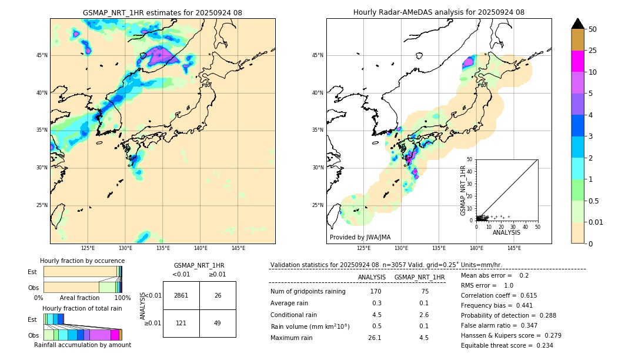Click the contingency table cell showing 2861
pyautogui.click(x=181, y=295)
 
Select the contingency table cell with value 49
pyautogui.click(x=218, y=323)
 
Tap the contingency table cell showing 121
pyautogui.click(x=181, y=323)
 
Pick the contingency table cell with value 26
pyautogui.click(x=218, y=295)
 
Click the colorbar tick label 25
pyautogui.click(x=593, y=51)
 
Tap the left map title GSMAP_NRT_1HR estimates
pyautogui.click(x=162, y=12)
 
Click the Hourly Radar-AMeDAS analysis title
pyautogui.click(x=439, y=12)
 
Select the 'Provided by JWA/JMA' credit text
pyautogui.click(x=360, y=237)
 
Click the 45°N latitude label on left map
pyautogui.click(x=42, y=55)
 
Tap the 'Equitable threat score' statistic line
pyautogui.click(x=507, y=345)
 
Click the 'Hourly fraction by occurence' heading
pyautogui.click(x=82, y=261)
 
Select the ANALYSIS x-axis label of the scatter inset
pyautogui.click(x=506, y=232)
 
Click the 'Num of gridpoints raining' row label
pyautogui.click(x=308, y=292)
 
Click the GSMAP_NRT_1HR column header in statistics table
pyautogui.click(x=419, y=277)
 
